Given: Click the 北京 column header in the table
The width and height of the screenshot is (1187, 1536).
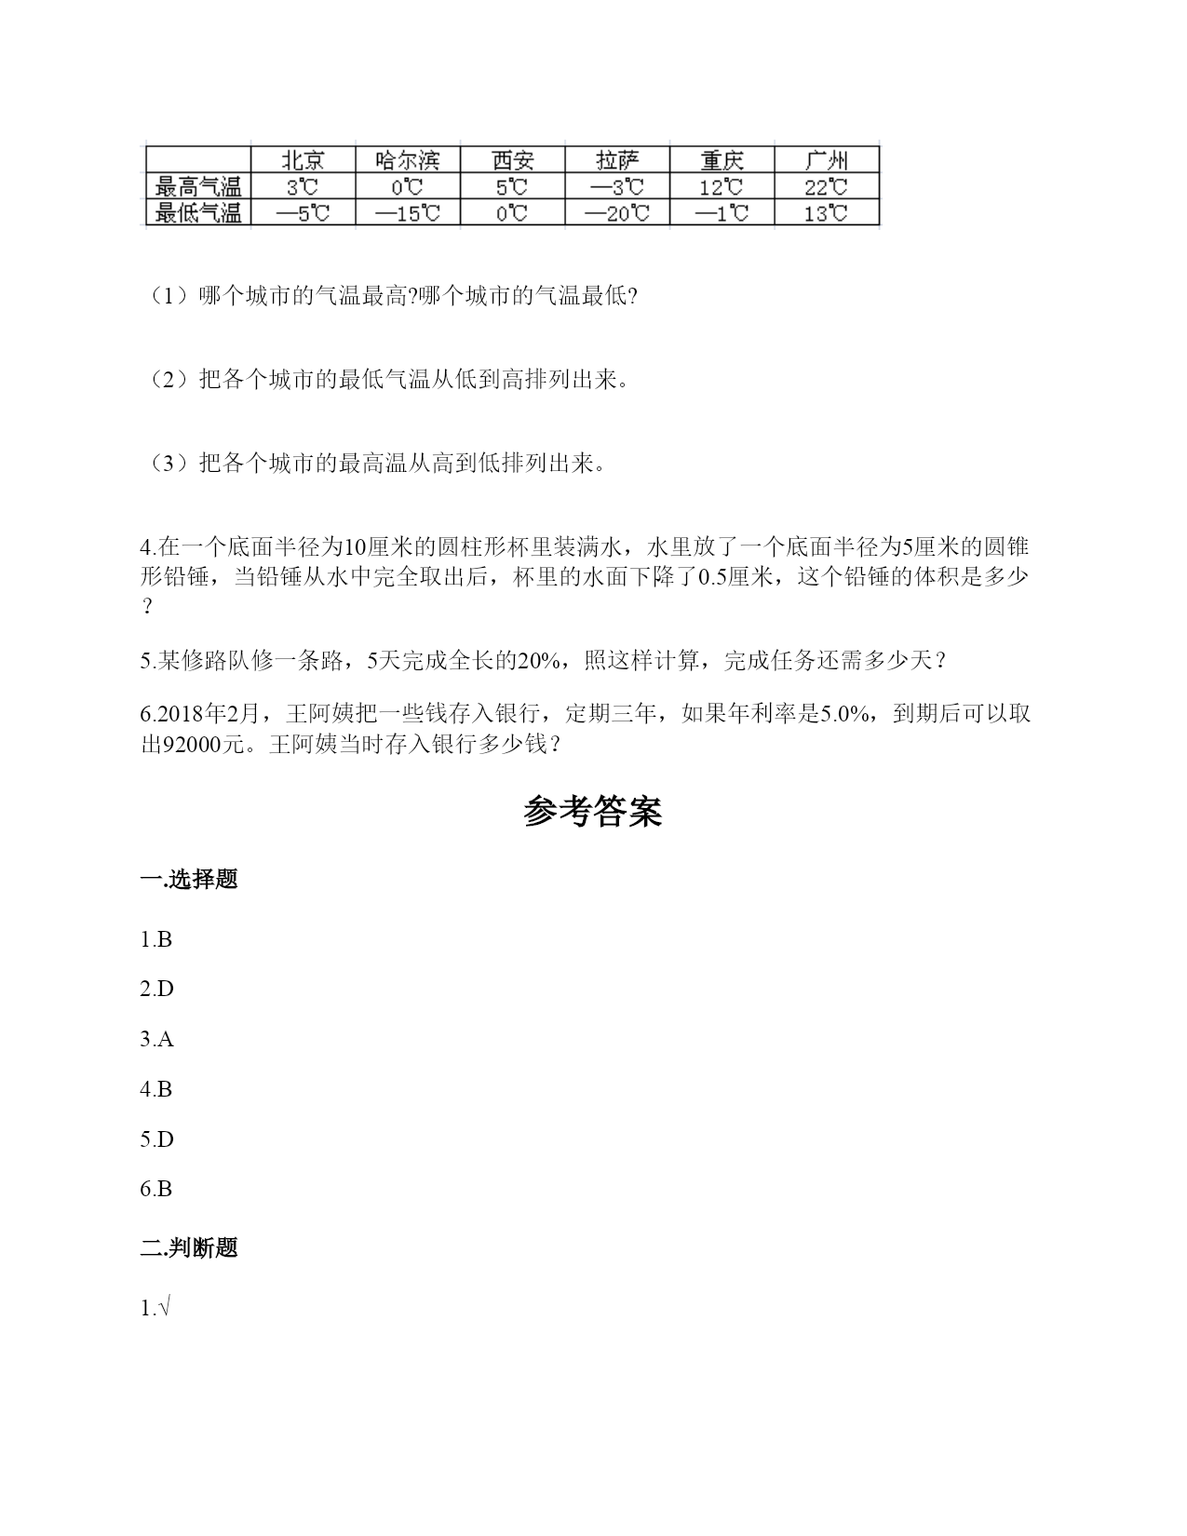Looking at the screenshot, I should tap(303, 159).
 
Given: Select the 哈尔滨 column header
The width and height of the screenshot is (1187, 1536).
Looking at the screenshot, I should tap(407, 159).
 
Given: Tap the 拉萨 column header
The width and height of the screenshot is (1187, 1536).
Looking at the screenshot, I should tap(618, 159).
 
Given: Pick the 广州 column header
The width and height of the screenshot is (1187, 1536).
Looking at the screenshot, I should tap(826, 159).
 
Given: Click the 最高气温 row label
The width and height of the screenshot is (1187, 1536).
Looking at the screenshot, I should tap(198, 186).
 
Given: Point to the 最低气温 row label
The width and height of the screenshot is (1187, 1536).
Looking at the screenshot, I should tap(198, 213).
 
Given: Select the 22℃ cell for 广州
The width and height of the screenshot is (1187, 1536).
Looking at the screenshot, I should tap(826, 186).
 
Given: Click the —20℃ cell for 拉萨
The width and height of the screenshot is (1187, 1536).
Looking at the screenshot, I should tap(617, 213).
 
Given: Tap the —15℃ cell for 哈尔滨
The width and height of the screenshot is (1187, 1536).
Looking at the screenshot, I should tap(407, 213).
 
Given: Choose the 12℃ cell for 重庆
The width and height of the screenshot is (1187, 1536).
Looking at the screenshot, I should tap(722, 186).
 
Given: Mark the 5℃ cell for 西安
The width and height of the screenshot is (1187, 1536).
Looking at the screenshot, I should tap(512, 186).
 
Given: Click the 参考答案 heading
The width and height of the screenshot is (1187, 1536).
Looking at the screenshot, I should tap(593, 812).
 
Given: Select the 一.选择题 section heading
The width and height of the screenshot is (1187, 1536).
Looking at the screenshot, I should tap(189, 879).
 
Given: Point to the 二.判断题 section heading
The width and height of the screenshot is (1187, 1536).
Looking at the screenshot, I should tap(189, 1248).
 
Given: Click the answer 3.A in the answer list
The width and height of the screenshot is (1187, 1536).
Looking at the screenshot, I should tap(156, 1040).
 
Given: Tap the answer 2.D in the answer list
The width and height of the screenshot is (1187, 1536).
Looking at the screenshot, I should tap(156, 990).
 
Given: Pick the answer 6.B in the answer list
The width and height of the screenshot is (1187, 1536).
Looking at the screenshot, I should tap(156, 1190).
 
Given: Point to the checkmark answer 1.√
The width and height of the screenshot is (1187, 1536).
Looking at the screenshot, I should tap(155, 1309).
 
